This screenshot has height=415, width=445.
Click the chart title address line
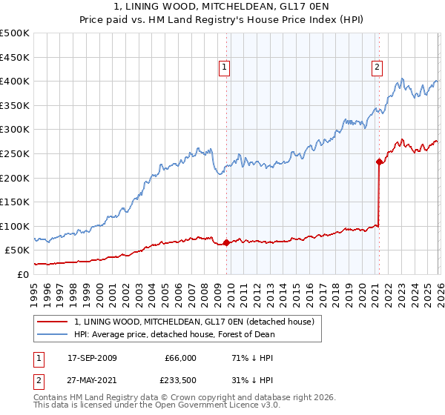pos(222,7)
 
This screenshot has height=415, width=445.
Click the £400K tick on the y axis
pos(15,82)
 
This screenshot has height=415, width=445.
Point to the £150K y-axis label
pos(15,202)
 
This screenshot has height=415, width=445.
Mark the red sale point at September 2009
pos(226,242)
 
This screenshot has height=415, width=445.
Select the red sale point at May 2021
pos(379,161)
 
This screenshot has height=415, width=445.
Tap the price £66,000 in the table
pos(179,358)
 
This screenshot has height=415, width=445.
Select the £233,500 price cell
pos(179,382)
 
